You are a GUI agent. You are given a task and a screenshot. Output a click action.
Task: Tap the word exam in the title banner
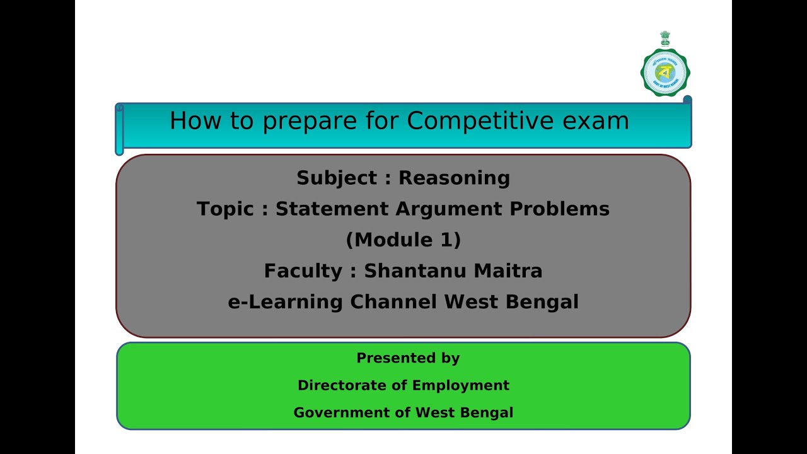(x=600, y=120)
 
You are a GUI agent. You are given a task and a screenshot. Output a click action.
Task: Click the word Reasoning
(x=454, y=178)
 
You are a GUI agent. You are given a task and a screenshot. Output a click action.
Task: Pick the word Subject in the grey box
(x=337, y=178)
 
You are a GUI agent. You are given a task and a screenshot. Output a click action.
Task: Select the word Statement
(x=332, y=209)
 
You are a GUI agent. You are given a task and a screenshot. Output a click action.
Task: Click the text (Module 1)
(x=403, y=240)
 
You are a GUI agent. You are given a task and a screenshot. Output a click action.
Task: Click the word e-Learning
(x=286, y=302)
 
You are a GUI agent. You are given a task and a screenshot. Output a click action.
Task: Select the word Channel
(x=393, y=302)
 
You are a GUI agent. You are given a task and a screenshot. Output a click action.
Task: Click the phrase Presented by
(x=408, y=358)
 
